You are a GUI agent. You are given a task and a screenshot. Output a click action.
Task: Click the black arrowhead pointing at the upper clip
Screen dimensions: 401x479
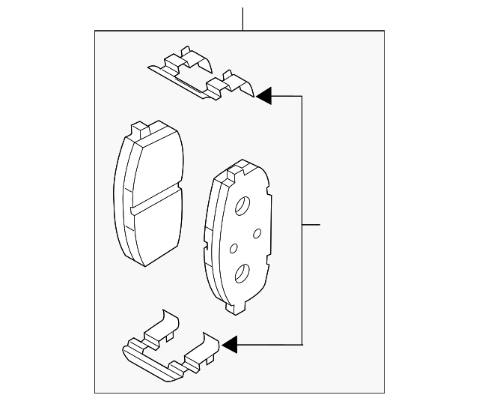tap(263, 96)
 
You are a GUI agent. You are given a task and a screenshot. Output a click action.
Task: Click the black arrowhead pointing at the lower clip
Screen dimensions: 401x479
tap(229, 344)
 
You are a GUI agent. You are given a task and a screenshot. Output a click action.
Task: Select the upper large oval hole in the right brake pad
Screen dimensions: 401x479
tap(243, 206)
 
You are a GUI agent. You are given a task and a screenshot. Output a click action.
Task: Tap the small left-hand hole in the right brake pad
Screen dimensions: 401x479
tap(233, 247)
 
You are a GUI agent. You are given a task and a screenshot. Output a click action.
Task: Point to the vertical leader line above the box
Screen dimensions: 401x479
tap(243, 19)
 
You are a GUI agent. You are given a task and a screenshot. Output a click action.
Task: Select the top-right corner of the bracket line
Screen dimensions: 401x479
tap(302, 96)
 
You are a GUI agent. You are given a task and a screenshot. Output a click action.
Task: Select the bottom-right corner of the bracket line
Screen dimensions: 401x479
tap(302, 344)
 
